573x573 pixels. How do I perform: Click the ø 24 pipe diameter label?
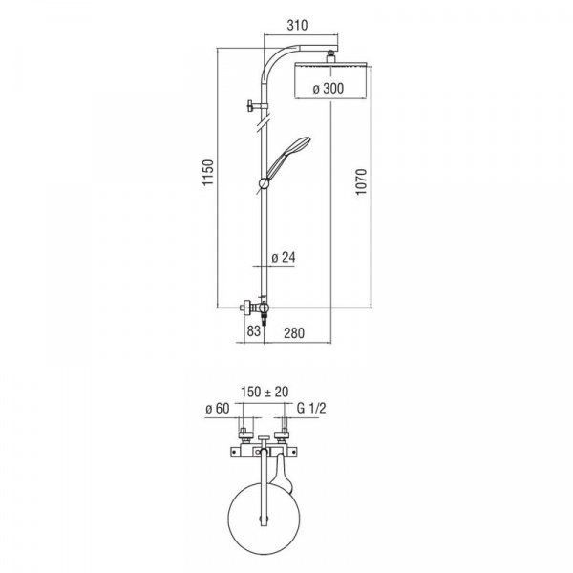[283, 256]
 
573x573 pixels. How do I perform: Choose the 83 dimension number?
[253, 331]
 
